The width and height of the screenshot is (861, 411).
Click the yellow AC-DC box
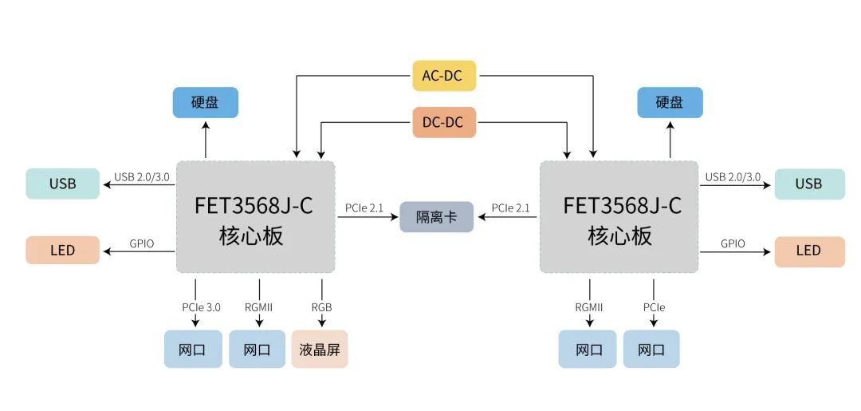tap(444, 76)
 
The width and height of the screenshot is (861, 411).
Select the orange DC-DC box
tap(444, 122)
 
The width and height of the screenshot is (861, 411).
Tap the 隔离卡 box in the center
tap(436, 217)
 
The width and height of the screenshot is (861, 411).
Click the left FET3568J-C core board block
tap(254, 218)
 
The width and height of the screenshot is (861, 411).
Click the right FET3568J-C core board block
tap(619, 218)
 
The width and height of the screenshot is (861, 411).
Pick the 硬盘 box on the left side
tap(205, 102)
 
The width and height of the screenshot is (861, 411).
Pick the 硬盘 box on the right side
tap(670, 102)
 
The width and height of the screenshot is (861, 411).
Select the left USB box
tap(62, 184)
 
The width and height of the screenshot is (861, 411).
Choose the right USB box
tap(808, 184)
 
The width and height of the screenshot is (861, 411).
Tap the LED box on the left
tap(62, 250)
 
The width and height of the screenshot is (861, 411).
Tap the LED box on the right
tap(808, 251)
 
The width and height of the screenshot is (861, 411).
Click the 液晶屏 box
tap(320, 349)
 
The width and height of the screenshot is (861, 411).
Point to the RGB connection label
tap(322, 307)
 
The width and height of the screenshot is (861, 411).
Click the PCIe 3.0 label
tap(194, 307)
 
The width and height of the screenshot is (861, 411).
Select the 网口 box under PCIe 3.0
tap(193, 349)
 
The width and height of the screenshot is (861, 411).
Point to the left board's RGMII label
tap(258, 307)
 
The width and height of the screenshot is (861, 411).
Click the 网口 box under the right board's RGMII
tap(588, 349)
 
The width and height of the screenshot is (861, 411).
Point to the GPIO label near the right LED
tap(733, 243)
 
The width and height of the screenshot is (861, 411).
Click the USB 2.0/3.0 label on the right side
tap(733, 177)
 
